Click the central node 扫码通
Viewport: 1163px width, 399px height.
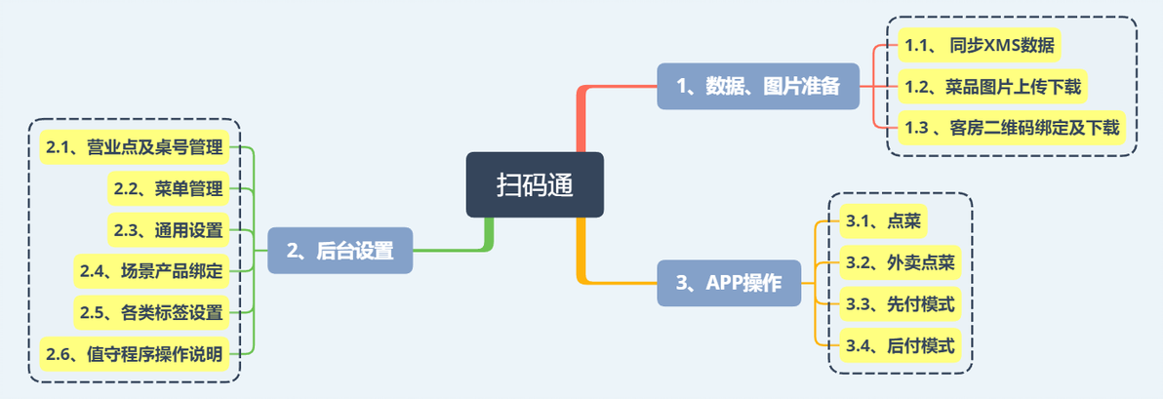(535, 184)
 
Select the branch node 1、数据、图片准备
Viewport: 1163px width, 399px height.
(757, 86)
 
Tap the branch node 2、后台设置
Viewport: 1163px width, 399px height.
(340, 251)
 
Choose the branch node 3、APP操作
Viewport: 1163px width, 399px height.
(729, 283)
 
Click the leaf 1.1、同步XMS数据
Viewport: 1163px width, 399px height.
(979, 46)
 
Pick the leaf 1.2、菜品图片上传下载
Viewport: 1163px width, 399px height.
(992, 88)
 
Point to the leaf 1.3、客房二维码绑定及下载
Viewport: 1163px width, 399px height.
(1012, 129)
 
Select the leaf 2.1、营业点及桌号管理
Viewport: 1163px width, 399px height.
(135, 147)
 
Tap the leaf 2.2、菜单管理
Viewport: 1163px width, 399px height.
(169, 189)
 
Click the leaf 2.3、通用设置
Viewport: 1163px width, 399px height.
(169, 230)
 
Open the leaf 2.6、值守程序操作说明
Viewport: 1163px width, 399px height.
(135, 354)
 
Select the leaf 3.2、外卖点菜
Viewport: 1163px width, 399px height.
(901, 262)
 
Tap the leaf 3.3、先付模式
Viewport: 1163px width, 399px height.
(901, 304)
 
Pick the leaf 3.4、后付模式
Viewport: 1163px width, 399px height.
(901, 345)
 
